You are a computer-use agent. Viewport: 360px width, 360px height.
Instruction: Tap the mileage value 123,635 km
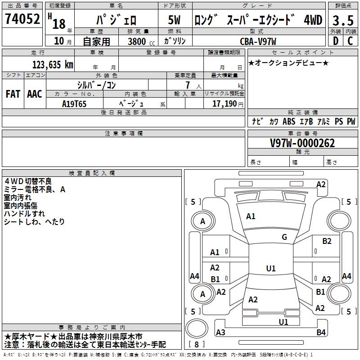53,65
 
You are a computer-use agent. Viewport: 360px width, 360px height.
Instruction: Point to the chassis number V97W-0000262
302,143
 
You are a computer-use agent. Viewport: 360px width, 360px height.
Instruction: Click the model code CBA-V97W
257,41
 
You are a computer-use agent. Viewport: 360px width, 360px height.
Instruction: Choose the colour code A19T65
74,103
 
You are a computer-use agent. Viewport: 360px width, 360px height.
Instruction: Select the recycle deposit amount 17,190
224,103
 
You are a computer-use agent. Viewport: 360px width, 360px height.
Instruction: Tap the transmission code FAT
13,94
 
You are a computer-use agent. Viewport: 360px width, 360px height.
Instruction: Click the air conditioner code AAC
34,94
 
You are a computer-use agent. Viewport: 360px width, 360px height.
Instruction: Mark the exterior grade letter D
335,41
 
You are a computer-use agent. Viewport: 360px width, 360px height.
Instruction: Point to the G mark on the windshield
284,237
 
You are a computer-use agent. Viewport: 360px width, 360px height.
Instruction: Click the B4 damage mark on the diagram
321,333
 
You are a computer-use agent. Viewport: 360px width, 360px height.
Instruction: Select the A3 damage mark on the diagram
220,333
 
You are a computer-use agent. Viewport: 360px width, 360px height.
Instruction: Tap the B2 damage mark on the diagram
327,241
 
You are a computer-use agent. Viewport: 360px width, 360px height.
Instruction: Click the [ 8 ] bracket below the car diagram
197,345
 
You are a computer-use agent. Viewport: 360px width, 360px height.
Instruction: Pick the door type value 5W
174,20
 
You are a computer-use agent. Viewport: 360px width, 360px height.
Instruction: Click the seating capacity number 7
187,85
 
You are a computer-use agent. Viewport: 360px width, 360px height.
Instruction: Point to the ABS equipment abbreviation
288,121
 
